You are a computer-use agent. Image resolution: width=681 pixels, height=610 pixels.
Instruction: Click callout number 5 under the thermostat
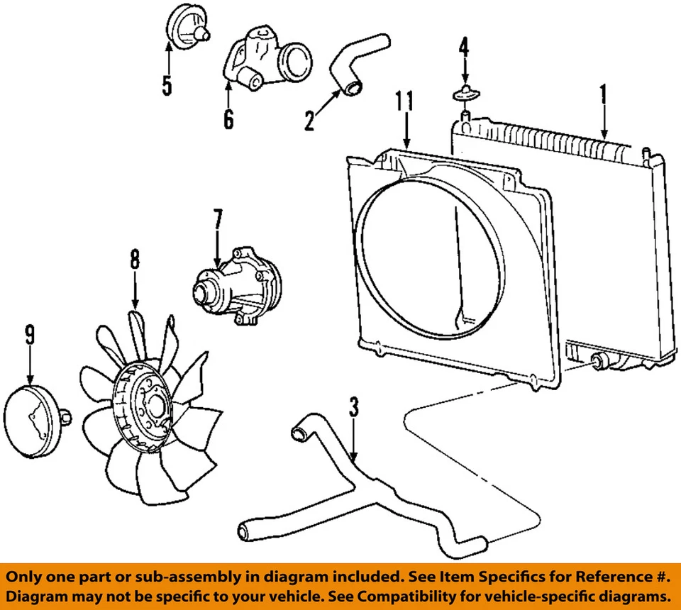pyautogui.click(x=167, y=85)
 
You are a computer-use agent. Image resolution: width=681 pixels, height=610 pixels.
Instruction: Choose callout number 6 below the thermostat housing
pyautogui.click(x=228, y=118)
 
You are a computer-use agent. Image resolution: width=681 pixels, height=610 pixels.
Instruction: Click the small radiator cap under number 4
pyautogui.click(x=465, y=93)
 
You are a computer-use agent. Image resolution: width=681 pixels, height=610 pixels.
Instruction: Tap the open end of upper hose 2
pyautogui.click(x=352, y=88)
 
